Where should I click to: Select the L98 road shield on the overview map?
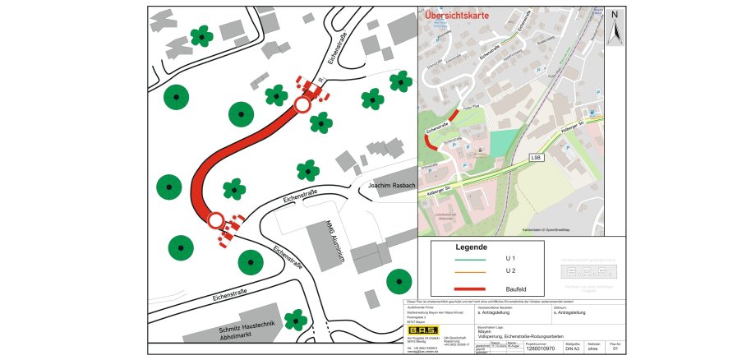pos(535,157)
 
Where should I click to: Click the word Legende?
pos(472,247)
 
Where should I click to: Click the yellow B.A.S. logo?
pos(423,331)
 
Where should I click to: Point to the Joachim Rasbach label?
pos(391,186)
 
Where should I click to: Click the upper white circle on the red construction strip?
pos(302,105)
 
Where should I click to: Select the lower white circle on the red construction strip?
pos(215,220)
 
